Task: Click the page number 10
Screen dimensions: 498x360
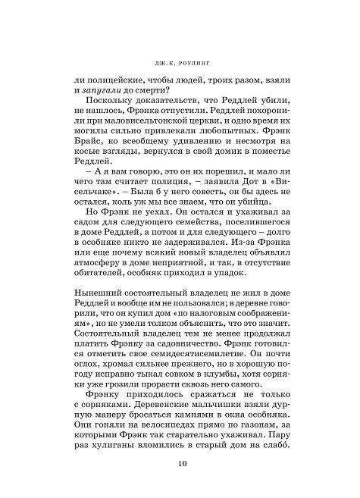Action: pos(180,464)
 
